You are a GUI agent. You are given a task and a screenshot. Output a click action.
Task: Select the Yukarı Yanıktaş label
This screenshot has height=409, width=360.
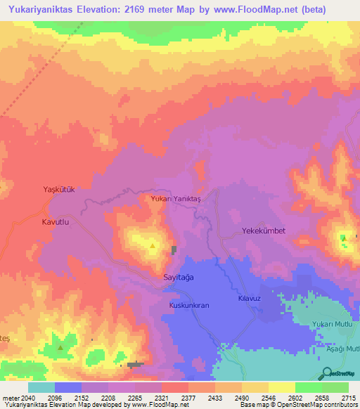tap(176, 200)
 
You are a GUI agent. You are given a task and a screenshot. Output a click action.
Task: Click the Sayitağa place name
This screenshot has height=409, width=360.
tap(178, 278)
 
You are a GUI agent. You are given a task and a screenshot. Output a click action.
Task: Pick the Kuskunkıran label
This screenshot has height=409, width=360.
tap(189, 306)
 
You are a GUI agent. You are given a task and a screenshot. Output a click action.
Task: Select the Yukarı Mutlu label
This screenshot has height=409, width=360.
tap(335, 324)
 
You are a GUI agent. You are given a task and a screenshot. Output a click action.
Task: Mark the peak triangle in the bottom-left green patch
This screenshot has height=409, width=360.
tap(60, 347)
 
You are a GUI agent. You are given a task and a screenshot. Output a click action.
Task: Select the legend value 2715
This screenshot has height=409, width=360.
tap(349, 397)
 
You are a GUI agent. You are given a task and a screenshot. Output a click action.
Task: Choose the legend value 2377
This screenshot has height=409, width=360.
tap(188, 397)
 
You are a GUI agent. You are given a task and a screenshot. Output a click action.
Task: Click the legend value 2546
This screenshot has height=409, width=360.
tap(269, 397)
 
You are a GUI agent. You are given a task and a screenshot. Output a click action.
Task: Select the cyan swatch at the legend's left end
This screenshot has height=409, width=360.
tap(41, 387)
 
